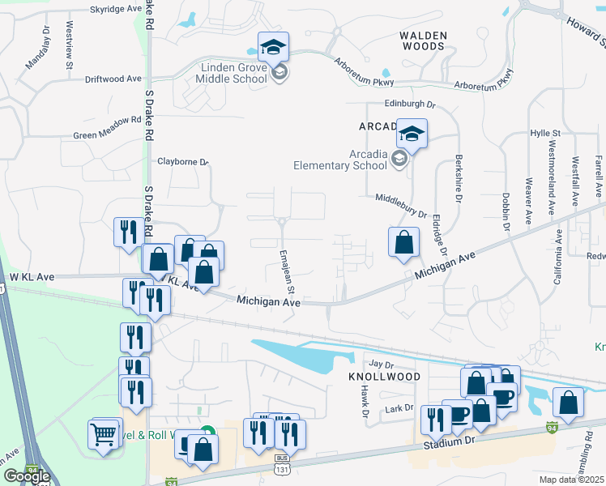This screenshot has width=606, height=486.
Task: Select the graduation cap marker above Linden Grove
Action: [273, 45]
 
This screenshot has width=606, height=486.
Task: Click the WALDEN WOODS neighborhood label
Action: [422, 40]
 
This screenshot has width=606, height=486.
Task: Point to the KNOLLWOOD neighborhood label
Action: [384, 377]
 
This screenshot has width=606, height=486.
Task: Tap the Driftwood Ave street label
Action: [113, 79]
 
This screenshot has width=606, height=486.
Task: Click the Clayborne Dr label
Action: [183, 161]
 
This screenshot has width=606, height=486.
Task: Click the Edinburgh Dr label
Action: [410, 104]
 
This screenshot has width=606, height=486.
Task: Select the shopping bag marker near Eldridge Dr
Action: [403, 241]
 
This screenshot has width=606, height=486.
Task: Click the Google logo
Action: [27, 475]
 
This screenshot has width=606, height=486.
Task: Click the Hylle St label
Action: [545, 132]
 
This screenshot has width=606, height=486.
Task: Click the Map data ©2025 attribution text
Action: [572, 480]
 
